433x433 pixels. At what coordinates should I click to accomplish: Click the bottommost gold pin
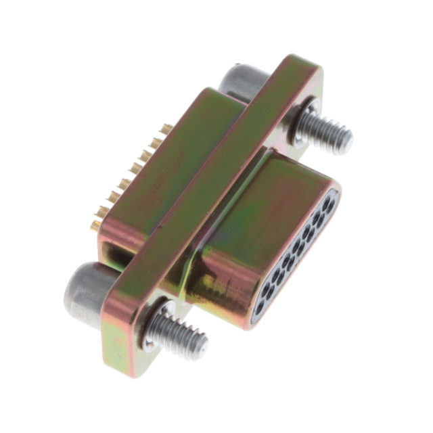(97, 223)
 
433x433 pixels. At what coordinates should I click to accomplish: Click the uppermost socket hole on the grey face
(329, 201)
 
